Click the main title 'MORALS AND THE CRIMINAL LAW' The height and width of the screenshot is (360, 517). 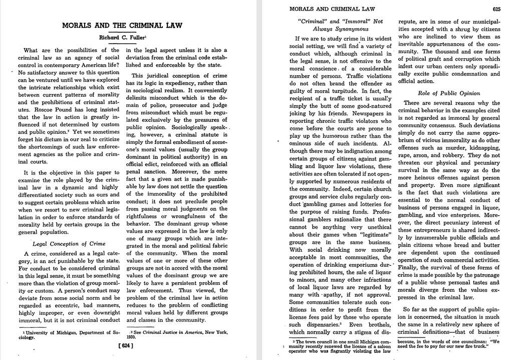(x=122, y=25)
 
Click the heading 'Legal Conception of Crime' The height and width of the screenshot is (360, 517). (x=69, y=244)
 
